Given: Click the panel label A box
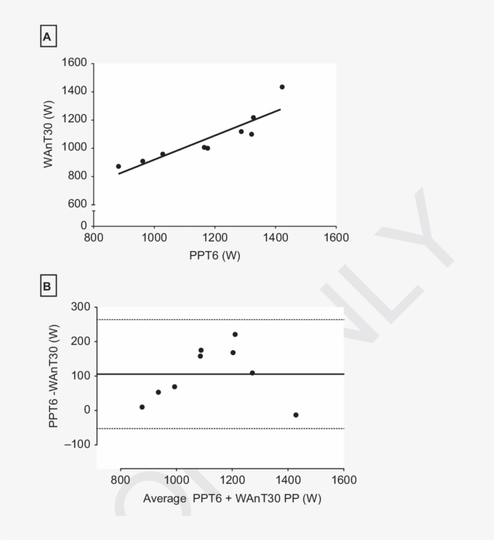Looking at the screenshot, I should tap(48, 38).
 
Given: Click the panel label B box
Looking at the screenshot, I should tap(48, 287).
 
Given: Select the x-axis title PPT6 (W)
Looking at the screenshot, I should tap(214, 256).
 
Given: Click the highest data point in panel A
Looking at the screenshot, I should tap(282, 87).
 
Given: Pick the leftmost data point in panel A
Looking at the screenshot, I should tap(119, 166).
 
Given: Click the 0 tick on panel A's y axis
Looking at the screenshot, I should tap(84, 225).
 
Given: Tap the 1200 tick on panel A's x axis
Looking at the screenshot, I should tap(214, 237).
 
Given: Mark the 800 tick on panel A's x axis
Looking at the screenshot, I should tap(93, 237).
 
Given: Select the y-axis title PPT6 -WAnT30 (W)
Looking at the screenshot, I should tap(54, 376).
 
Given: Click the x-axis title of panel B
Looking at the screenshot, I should tap(232, 499).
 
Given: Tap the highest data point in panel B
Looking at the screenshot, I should tap(235, 334).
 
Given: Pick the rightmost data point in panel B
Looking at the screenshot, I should tap(296, 415).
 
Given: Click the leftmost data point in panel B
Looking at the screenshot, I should tap(142, 407).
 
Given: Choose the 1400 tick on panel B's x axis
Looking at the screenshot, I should tap(288, 480).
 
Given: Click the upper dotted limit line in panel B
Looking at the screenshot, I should tap(220, 319).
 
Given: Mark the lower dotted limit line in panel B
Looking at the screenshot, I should tap(220, 429).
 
